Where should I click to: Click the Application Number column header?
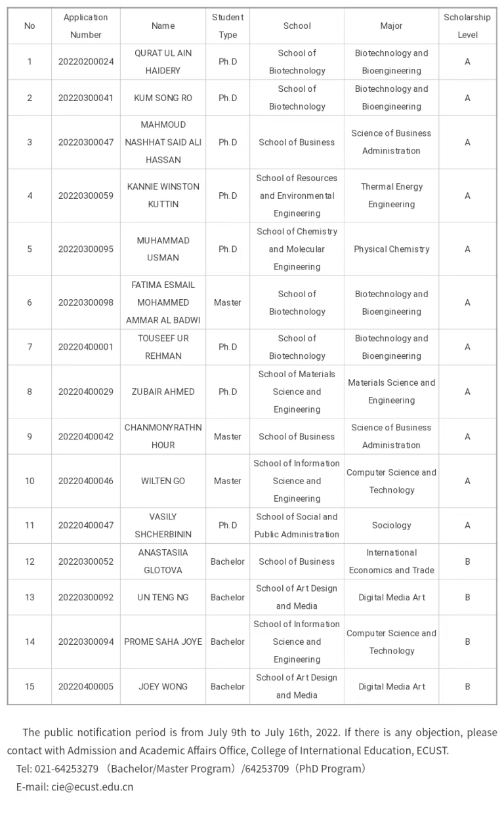[x=86, y=26]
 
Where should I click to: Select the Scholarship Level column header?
[x=467, y=26]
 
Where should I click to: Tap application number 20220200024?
[x=86, y=62]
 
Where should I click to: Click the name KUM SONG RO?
[x=163, y=98]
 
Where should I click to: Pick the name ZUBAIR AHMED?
[x=163, y=392]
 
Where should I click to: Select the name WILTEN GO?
[x=163, y=481]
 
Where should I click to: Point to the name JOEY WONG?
[x=163, y=686]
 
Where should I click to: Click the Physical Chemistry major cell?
[x=392, y=249]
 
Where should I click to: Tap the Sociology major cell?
[x=392, y=525]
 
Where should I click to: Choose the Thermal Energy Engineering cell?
[x=392, y=195]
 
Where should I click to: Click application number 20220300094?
[x=86, y=642]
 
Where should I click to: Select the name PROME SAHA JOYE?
[x=163, y=642]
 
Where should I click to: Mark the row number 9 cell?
[x=30, y=436]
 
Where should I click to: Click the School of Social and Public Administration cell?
[x=297, y=525]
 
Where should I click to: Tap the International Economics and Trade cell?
[x=392, y=562]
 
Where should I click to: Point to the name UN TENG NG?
[x=163, y=597]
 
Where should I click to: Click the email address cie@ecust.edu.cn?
[x=92, y=787]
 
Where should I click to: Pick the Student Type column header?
[x=228, y=26]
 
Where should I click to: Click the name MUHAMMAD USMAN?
[x=163, y=249]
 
